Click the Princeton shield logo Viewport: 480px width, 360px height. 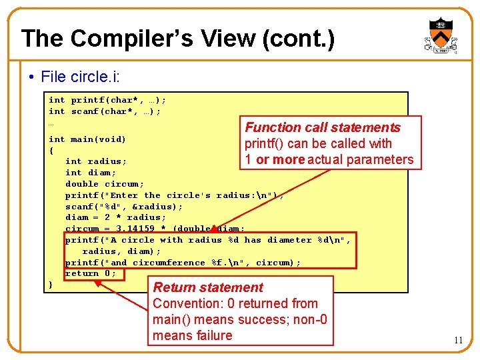[x=440, y=37]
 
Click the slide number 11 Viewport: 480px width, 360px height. [x=458, y=341]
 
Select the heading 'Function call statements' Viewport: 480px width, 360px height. [x=323, y=127]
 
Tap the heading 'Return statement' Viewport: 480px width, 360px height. [x=208, y=287]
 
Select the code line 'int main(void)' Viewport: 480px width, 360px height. [x=87, y=139]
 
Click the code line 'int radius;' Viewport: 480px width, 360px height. [x=96, y=161]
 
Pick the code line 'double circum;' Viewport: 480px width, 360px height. [x=105, y=184]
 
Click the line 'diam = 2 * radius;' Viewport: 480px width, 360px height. [x=116, y=217]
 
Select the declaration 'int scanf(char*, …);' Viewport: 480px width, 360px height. [x=105, y=111]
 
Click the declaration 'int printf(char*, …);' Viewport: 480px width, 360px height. [x=107, y=100]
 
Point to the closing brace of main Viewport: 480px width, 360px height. [x=51, y=285]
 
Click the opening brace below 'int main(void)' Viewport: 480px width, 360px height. [x=51, y=151]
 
